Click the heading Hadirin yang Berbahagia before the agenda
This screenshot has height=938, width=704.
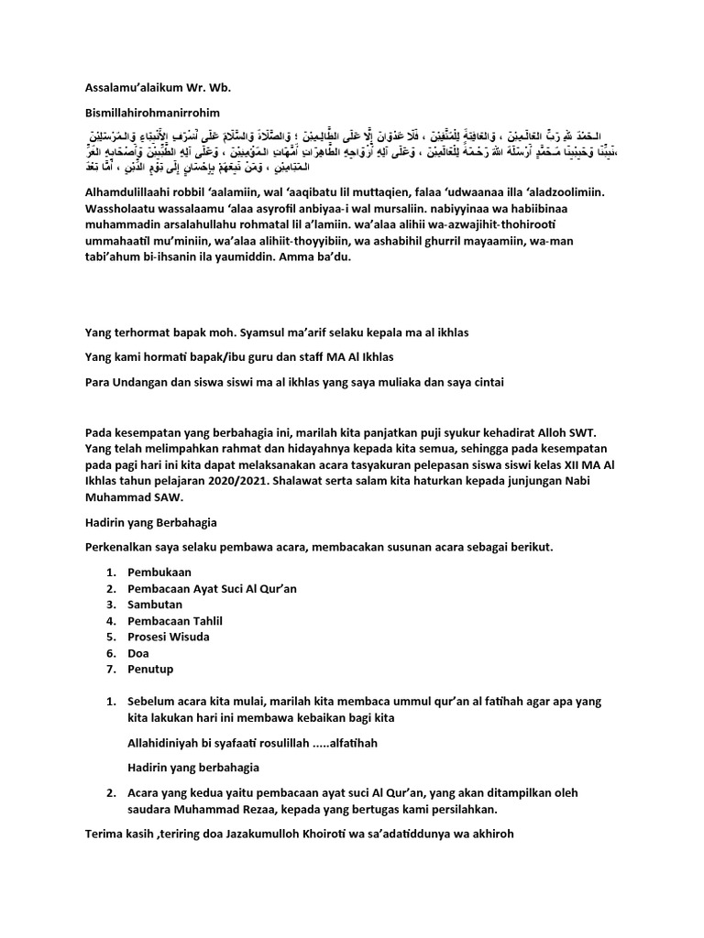coord(150,522)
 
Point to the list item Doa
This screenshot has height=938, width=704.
coord(139,653)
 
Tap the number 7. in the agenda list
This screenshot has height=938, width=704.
coord(110,670)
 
